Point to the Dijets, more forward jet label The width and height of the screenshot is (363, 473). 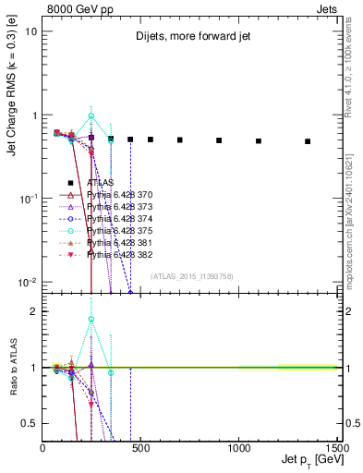pyautogui.click(x=185, y=37)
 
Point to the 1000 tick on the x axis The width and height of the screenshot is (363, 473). pyautogui.click(x=238, y=447)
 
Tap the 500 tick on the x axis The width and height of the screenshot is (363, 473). pyautogui.click(x=140, y=447)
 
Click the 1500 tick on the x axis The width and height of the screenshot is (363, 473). pyautogui.click(x=336, y=447)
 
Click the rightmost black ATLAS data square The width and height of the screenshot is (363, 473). pyautogui.click(x=308, y=141)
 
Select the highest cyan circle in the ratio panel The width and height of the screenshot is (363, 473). pyautogui.click(x=91, y=320)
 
